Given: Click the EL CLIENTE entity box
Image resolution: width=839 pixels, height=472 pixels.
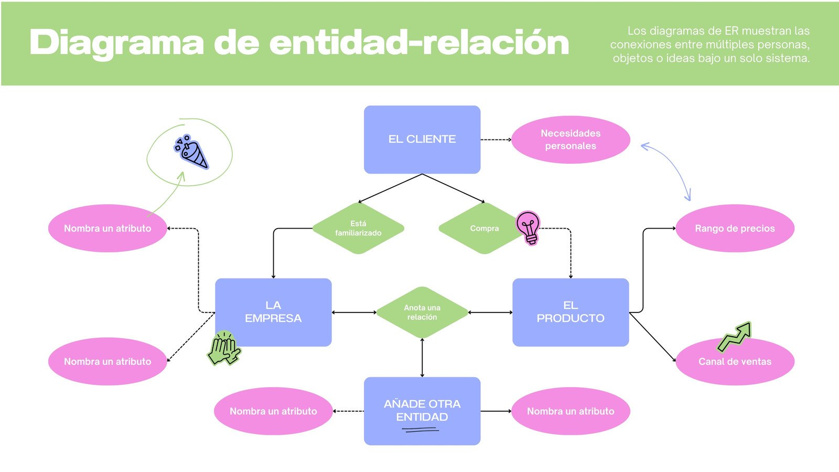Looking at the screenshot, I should pos(422,140).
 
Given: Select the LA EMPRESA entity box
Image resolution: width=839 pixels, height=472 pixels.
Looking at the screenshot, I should pos(273,312).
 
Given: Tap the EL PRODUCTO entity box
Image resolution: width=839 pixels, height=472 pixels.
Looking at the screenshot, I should pos(571,312).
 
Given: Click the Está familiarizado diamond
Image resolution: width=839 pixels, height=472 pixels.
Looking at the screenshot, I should pos(358,228).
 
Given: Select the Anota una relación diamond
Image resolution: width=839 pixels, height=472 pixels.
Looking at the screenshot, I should pos(422,312).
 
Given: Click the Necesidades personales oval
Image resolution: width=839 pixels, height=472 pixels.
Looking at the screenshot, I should pos(571,140).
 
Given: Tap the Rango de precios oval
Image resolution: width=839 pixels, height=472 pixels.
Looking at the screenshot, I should pos(735,228).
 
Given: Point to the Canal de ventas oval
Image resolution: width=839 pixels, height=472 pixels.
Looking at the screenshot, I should pos(735,364).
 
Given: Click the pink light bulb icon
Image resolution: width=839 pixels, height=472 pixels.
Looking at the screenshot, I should pos(529,227).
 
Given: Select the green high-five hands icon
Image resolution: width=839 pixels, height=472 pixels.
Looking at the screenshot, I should pos(224,348).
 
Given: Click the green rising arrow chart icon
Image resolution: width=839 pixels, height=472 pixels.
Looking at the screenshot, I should pos(735,337).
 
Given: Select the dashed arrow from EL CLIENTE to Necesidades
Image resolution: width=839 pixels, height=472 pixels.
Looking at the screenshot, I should pos(496,140).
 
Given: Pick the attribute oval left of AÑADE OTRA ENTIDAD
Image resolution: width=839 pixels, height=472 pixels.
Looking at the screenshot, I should pos(273,411).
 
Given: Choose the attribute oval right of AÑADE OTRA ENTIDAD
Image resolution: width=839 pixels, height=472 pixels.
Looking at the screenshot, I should pos(571,411).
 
